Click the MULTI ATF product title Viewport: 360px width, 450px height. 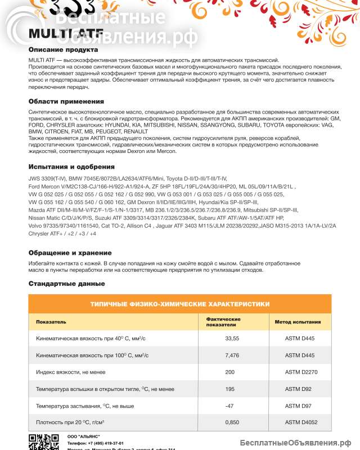[x=55, y=33]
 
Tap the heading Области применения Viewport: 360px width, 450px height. [x=66, y=101]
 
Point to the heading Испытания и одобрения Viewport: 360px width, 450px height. [x=71, y=166]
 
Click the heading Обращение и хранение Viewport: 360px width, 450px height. [x=70, y=253]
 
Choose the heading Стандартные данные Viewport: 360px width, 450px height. [x=66, y=283]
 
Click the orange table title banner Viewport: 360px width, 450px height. [x=179, y=303]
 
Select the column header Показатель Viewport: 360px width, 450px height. [x=51, y=322]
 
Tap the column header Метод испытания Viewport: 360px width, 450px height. [x=298, y=322]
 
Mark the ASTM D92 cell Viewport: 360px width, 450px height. [x=296, y=389]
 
